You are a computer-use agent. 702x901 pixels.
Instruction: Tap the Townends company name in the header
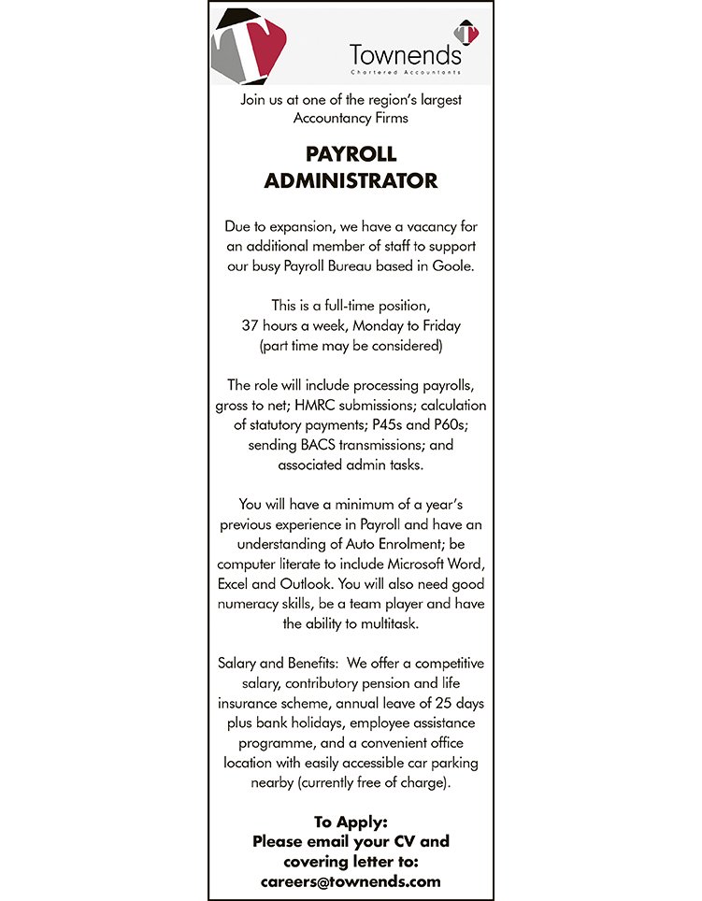406,55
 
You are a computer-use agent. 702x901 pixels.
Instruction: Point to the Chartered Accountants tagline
406,73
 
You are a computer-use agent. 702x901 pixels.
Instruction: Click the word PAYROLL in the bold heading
351,154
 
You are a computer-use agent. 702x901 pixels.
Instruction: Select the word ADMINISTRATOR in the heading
351,180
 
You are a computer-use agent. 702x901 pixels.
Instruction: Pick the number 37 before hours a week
250,325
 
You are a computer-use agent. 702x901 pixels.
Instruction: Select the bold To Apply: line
351,822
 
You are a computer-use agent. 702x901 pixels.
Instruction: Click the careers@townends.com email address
351,880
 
